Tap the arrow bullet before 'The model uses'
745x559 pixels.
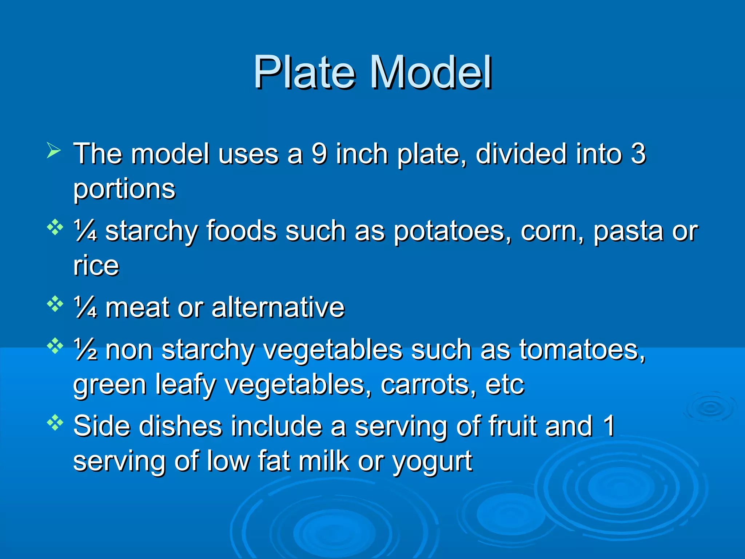pyautogui.click(x=53, y=151)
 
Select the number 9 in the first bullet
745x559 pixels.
pyautogui.click(x=319, y=154)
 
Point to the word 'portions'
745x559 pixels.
pyautogui.click(x=124, y=190)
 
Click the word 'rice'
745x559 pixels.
pyautogui.click(x=96, y=265)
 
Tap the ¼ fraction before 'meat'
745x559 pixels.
pyautogui.click(x=85, y=308)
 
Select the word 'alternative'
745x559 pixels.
pyautogui.click(x=278, y=308)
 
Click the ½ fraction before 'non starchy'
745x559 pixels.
pyautogui.click(x=85, y=350)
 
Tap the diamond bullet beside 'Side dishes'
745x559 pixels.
pyautogui.click(x=55, y=422)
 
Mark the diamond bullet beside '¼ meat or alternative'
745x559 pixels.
pyautogui.click(x=55, y=304)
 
